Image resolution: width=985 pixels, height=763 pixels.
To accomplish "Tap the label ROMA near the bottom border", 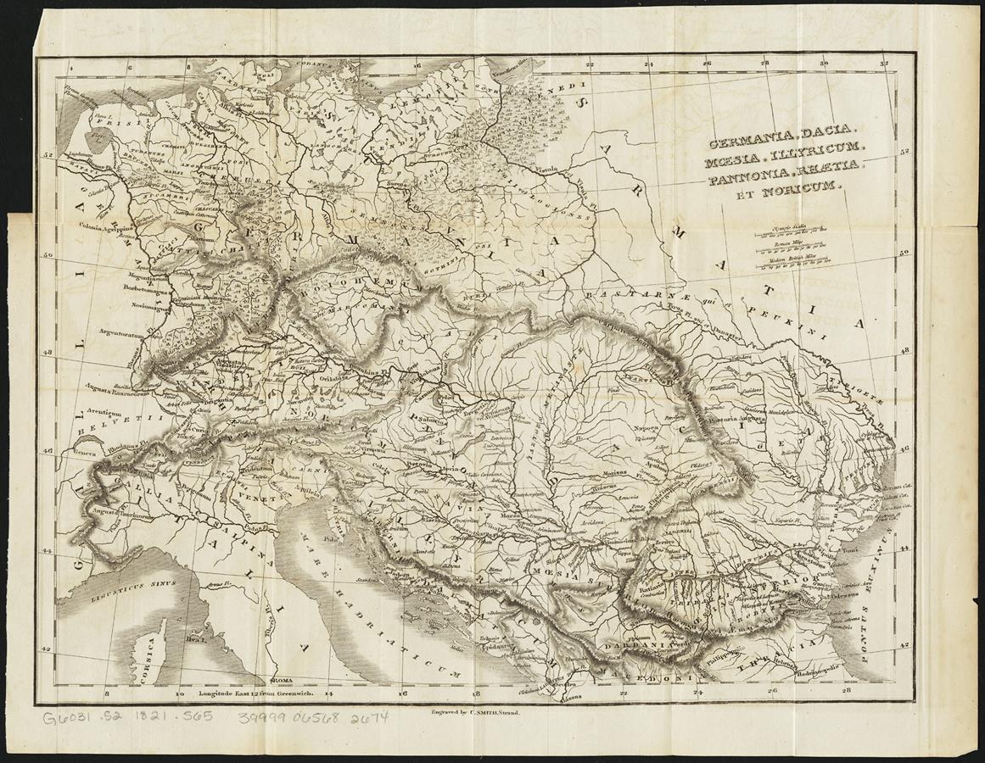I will pos(280,681).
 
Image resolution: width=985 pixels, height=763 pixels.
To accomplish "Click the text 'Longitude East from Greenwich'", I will pos(258,692).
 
